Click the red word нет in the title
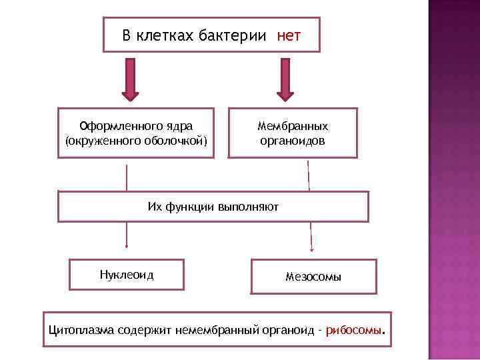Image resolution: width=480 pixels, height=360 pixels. [x=289, y=35]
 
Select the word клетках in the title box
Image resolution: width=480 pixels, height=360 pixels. [x=165, y=35]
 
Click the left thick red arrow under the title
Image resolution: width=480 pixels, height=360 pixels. [x=129, y=79]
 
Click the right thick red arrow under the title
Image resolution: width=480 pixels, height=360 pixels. [x=286, y=79]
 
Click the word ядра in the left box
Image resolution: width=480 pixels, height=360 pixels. [x=179, y=125]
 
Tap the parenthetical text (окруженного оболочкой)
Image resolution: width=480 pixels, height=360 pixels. [x=136, y=141]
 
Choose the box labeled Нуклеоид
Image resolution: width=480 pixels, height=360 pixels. [x=126, y=275]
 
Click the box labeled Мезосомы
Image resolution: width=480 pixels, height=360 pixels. [x=313, y=277]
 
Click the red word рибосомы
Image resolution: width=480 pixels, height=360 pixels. [x=355, y=330]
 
